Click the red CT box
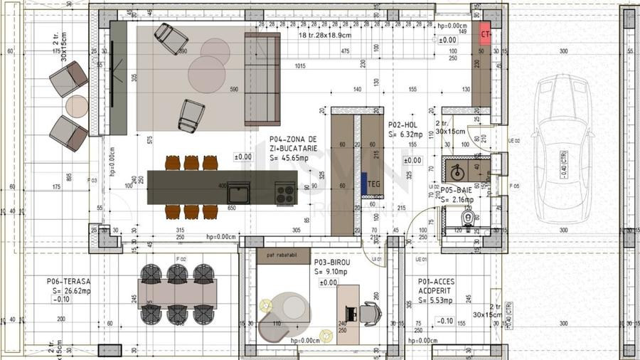[486, 33]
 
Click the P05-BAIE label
[456, 191]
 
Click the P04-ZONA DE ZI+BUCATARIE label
[293, 145]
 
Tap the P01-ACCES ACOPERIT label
[436, 286]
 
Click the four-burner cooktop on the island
[286, 192]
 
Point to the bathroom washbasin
[455, 171]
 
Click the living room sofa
[262, 78]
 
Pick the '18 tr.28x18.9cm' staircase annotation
[324, 35]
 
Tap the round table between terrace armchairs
[76, 106]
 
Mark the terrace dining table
[176, 292]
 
